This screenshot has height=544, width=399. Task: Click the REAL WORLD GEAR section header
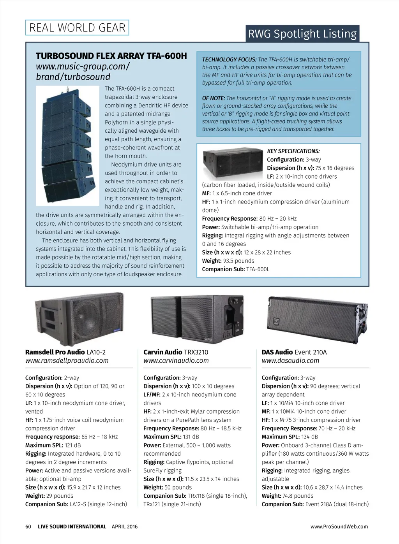click(77, 28)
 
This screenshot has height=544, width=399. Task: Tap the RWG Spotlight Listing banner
click(302, 34)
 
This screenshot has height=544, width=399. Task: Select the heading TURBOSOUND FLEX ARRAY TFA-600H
click(111, 56)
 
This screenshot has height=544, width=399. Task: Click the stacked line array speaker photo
click(67, 146)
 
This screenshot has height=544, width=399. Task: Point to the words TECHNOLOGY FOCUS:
click(229, 60)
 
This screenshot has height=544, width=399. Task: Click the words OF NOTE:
click(214, 98)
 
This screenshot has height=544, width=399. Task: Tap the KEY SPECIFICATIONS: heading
click(293, 151)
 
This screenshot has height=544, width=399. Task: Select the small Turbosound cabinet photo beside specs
click(233, 163)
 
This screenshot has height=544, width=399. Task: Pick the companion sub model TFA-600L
click(258, 269)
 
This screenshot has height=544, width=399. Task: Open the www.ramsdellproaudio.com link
click(67, 361)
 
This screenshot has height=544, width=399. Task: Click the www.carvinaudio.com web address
click(176, 361)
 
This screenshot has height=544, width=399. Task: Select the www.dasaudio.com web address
click(290, 361)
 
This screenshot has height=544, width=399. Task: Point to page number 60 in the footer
click(28, 526)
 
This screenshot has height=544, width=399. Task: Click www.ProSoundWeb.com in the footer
click(339, 526)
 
